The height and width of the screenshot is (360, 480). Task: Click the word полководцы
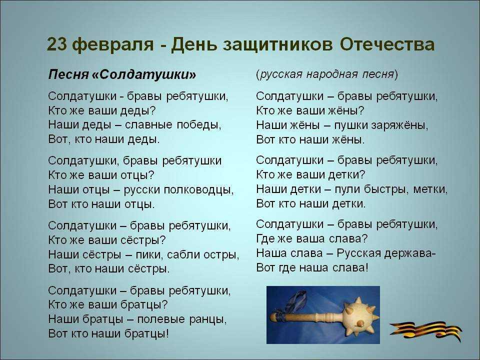point(199,189)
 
